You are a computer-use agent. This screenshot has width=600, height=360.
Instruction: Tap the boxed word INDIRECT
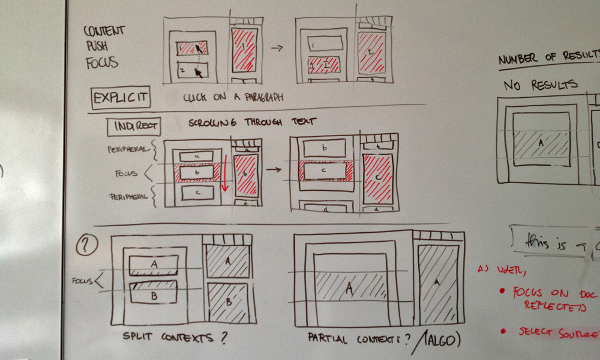(134, 125)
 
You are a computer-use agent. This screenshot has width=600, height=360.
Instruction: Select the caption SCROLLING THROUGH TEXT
(253, 122)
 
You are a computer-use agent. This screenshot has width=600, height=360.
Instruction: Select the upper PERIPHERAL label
(127, 148)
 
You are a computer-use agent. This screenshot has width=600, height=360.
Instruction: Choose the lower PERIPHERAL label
(127, 196)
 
